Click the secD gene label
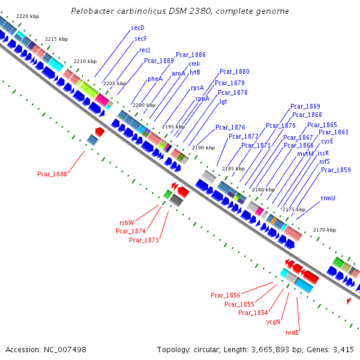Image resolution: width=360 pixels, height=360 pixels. pos(137,28)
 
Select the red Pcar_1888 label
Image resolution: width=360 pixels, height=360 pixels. pos(52,174)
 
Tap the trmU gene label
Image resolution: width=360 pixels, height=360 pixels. pos(328,197)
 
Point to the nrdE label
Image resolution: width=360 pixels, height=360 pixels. pos(292,332)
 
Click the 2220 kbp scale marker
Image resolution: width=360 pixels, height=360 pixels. pos(28,16)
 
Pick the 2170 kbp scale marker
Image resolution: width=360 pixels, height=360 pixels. pos(325,230)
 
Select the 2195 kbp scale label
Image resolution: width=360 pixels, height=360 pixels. pos(174,127)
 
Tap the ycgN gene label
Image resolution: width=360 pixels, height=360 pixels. pos(274,322)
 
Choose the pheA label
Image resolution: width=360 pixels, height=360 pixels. pos(155,79)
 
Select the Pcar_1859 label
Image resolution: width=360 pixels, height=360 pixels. pos(335,170)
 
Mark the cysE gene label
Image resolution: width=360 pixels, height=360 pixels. pos(327,141)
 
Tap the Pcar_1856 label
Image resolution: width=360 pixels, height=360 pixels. pos(226,295)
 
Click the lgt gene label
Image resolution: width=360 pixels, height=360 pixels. pos(223,101)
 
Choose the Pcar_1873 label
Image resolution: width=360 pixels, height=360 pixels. pos(144,240)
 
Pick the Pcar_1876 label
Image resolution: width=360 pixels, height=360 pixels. pos(230,127)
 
